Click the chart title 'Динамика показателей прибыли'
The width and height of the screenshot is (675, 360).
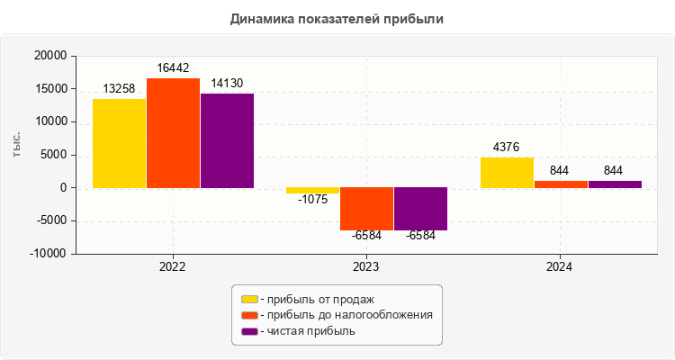[337, 18]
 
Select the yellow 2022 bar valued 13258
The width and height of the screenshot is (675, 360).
[119, 143]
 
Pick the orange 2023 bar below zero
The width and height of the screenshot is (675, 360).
[366, 209]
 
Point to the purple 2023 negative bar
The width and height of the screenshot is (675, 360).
[420, 209]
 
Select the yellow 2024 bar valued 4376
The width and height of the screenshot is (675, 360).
[507, 173]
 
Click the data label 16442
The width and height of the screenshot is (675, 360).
[173, 67]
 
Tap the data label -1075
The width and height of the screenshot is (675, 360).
[312, 200]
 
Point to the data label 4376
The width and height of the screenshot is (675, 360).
[507, 147]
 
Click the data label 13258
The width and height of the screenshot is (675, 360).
[119, 88]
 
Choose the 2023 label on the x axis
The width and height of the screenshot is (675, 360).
[366, 267]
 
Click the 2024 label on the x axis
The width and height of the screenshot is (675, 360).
[560, 267]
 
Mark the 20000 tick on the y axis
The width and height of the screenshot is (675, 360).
[50, 56]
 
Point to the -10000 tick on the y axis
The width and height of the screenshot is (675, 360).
[49, 254]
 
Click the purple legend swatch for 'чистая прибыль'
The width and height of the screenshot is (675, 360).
[249, 331]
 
